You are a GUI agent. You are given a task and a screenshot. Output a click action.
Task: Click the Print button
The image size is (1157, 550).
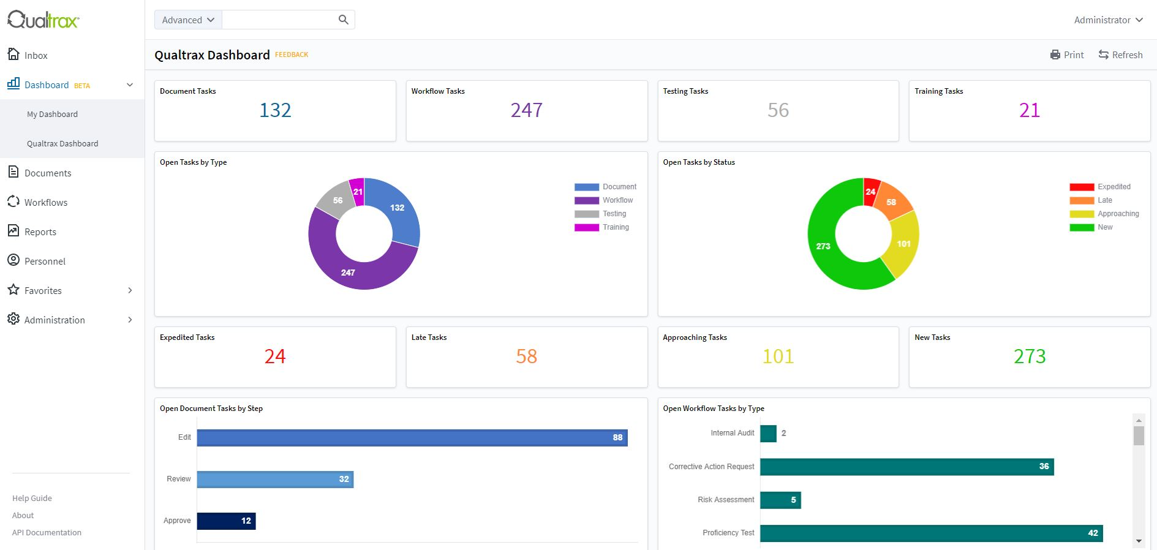click(1067, 55)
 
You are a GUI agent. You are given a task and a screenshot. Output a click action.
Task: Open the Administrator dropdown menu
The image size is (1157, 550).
click(1108, 20)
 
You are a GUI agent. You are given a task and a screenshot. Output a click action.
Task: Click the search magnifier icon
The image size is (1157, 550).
click(344, 20)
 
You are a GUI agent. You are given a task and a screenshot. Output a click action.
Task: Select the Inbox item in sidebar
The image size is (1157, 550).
click(36, 56)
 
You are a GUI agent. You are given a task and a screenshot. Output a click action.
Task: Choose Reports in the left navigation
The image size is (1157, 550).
click(40, 232)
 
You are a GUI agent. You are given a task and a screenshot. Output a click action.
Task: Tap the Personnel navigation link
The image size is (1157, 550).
click(45, 262)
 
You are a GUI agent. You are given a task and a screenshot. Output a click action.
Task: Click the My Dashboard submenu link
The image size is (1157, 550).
click(52, 115)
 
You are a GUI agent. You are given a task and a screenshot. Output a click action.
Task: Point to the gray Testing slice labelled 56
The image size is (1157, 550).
click(337, 201)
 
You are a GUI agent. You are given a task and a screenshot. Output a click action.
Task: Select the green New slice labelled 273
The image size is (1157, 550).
click(823, 245)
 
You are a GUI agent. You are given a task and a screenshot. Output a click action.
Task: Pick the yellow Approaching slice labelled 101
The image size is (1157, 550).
click(903, 244)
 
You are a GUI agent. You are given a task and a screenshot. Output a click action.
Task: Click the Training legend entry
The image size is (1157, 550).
click(615, 227)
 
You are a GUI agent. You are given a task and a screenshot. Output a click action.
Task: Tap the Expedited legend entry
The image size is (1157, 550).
click(1114, 187)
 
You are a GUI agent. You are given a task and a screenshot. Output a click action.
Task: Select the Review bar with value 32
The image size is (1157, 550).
click(275, 480)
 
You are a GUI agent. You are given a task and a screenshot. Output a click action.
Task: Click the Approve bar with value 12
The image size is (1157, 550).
click(226, 521)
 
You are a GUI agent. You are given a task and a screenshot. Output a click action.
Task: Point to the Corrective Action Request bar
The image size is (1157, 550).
click(906, 467)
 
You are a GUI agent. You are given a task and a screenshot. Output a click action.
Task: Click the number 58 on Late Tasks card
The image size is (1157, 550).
click(526, 356)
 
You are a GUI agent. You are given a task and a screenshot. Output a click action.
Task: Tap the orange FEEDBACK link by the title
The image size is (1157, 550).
click(292, 55)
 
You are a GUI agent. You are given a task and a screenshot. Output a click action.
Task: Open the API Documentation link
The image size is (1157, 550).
click(47, 533)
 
